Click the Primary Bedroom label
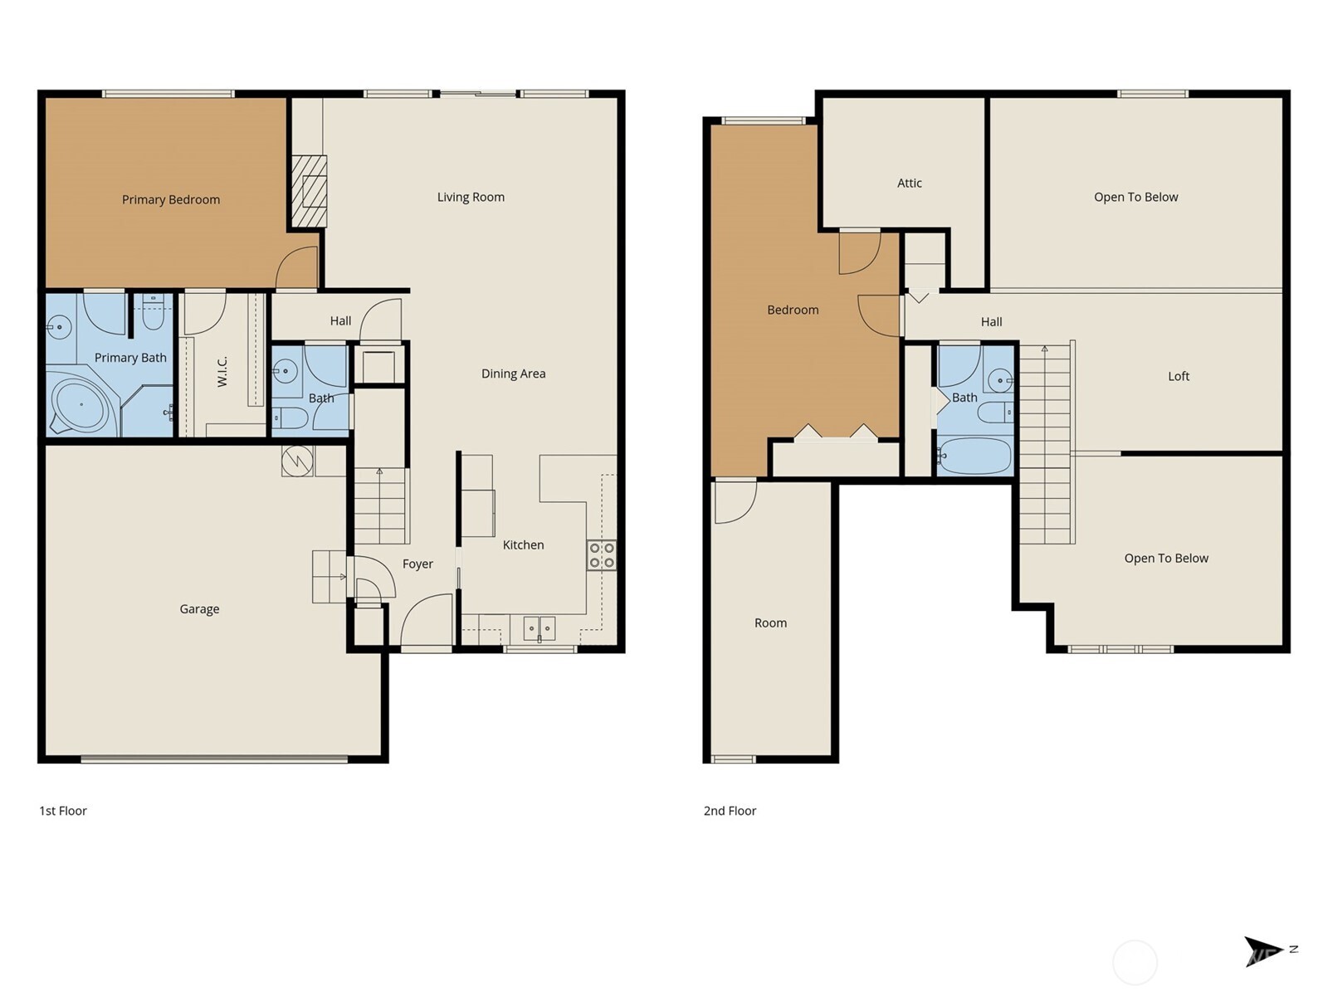pyautogui.click(x=170, y=199)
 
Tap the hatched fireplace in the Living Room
pyautogui.click(x=309, y=192)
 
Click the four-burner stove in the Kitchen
pyautogui.click(x=602, y=555)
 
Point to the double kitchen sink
pyautogui.click(x=539, y=627)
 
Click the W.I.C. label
pyautogui.click(x=222, y=371)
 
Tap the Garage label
pyautogui.click(x=199, y=608)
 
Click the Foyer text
pyautogui.click(x=417, y=564)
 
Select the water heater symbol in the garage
pyautogui.click(x=296, y=461)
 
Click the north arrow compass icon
pyautogui.click(x=1263, y=950)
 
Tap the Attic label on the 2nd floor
pyautogui.click(x=909, y=183)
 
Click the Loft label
pyautogui.click(x=1178, y=376)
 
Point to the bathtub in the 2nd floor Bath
pyautogui.click(x=974, y=456)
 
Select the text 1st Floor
pyautogui.click(x=63, y=811)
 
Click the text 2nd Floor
pyautogui.click(x=730, y=811)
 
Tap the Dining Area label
pyautogui.click(x=513, y=373)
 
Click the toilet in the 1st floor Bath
pyautogui.click(x=290, y=417)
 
